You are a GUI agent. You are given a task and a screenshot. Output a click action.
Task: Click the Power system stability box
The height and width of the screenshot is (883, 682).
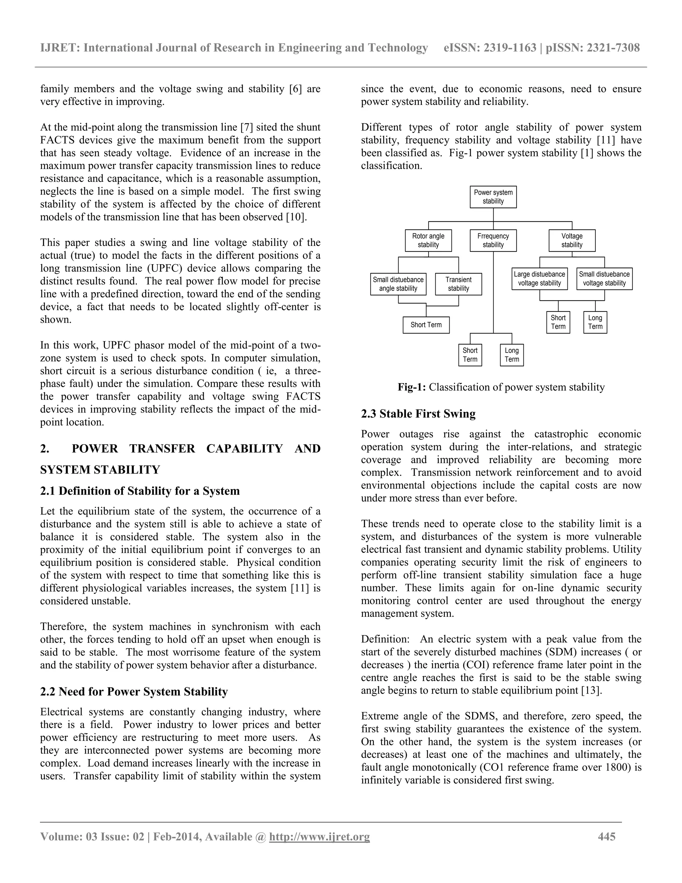(x=493, y=197)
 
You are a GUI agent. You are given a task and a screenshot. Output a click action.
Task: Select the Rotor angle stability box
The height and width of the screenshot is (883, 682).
(x=428, y=241)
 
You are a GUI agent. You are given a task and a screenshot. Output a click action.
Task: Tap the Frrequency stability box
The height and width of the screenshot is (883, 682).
(x=493, y=241)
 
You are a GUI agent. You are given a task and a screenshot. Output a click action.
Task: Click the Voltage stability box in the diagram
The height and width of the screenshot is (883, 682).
(x=572, y=241)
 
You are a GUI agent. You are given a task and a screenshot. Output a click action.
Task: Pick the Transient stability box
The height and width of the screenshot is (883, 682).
(x=458, y=284)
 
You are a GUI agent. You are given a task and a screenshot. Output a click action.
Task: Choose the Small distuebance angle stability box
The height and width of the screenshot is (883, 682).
(x=398, y=284)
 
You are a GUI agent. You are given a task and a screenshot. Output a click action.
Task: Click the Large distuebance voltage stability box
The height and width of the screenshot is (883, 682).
(x=539, y=279)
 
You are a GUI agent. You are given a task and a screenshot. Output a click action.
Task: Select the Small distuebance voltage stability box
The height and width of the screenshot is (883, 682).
(x=604, y=279)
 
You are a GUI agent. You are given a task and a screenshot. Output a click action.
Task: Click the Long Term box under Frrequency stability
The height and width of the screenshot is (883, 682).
(x=511, y=355)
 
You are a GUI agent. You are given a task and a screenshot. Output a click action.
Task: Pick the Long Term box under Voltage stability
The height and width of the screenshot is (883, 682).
(x=595, y=322)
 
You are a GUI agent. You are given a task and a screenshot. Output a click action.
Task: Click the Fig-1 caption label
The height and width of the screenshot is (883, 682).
(x=411, y=387)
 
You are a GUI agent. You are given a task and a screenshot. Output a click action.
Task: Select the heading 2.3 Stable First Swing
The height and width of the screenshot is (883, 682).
(x=418, y=414)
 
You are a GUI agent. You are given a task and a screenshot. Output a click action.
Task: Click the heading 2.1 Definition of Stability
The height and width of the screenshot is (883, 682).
(x=140, y=491)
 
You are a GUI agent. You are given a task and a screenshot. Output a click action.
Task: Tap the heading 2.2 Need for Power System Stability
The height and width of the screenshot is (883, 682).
(x=134, y=692)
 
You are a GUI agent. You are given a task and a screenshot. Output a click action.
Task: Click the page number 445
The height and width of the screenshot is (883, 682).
(x=606, y=836)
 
